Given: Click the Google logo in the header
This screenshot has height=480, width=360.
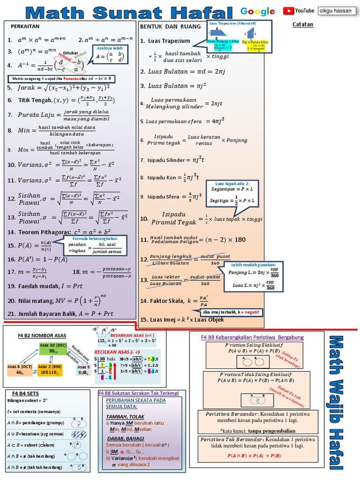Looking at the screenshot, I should [x=257, y=11].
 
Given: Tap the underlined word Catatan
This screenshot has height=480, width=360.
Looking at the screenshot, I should [x=302, y=24].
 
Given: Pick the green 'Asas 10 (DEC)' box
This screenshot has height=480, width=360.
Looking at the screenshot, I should [x=53, y=348].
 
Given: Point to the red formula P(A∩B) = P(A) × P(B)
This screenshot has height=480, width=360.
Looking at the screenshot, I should [x=254, y=455].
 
